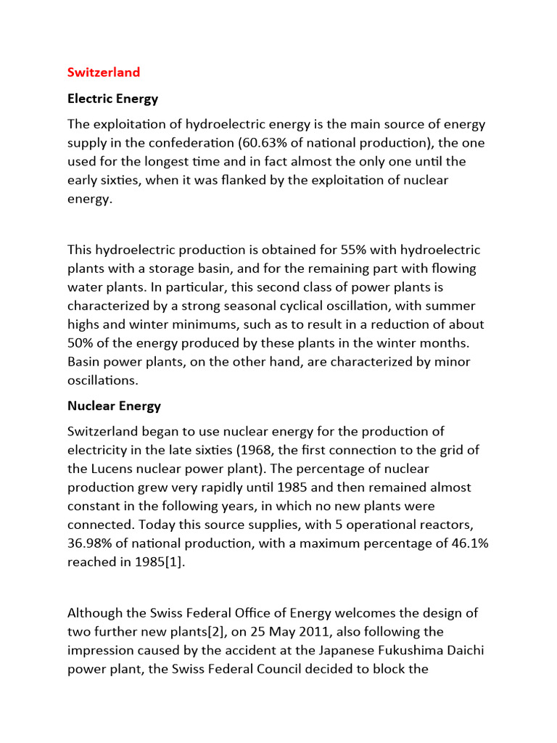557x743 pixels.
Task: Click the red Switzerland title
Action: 104,73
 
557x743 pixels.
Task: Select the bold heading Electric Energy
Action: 112,98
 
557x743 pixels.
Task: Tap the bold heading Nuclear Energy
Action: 114,406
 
